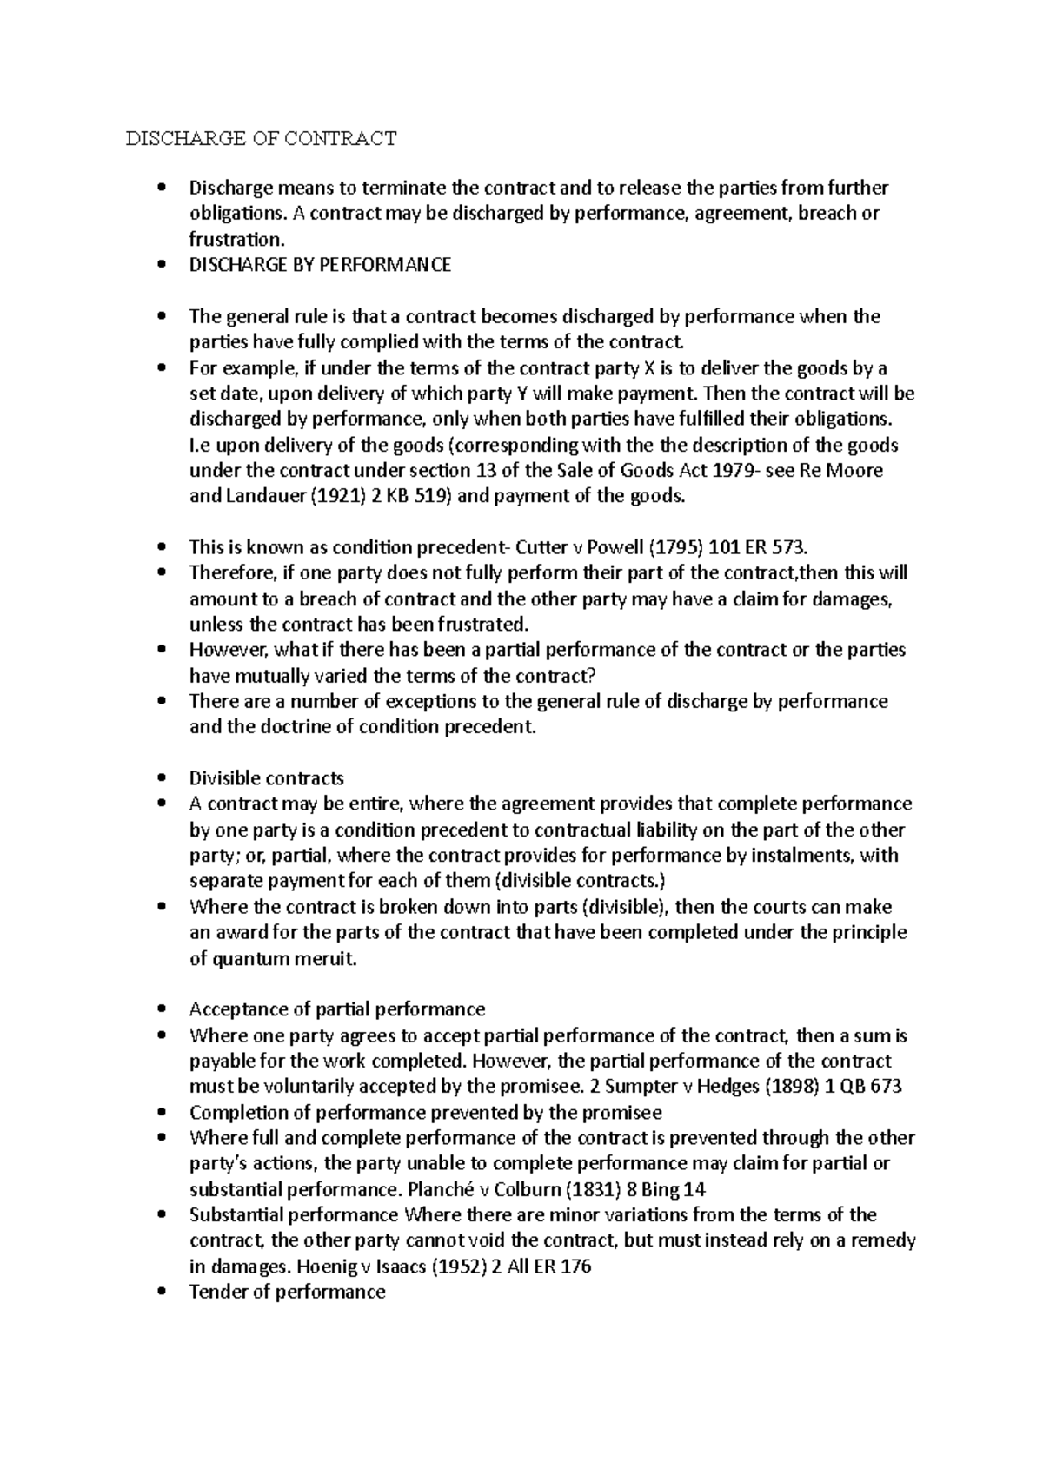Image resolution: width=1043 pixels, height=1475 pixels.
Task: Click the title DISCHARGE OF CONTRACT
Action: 261,138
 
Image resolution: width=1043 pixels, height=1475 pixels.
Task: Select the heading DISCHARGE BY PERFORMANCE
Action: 320,265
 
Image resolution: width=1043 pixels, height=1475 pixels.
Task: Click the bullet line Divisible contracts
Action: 266,778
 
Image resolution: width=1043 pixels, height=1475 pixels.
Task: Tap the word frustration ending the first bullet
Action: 236,240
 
